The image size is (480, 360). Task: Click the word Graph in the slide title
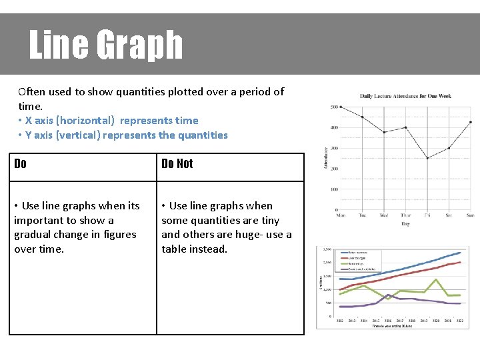(x=139, y=45)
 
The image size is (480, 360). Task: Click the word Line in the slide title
(x=59, y=45)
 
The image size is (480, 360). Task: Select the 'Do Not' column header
(x=177, y=164)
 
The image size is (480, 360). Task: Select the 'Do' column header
(x=21, y=164)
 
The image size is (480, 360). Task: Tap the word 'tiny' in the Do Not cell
(x=269, y=220)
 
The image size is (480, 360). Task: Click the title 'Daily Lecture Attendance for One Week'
(x=405, y=96)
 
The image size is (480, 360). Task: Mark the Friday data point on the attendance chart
(x=427, y=158)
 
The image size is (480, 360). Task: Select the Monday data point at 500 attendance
(x=341, y=107)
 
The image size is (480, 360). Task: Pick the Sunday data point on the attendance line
(x=471, y=122)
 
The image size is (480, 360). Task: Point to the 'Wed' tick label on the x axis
(x=384, y=215)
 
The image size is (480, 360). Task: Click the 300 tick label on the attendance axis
(x=333, y=148)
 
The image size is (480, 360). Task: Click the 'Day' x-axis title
(x=405, y=224)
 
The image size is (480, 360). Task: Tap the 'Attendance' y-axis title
(x=325, y=158)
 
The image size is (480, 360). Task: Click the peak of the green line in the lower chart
(x=436, y=279)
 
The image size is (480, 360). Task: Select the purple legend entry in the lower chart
(x=360, y=269)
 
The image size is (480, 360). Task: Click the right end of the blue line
(x=460, y=253)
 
